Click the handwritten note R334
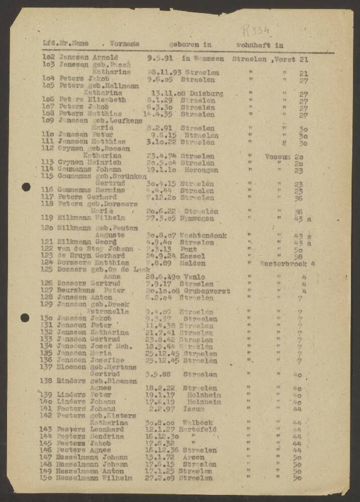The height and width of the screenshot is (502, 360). [x=255, y=30]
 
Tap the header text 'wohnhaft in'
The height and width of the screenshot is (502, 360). [x=260, y=45]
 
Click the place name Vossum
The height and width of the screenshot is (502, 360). [x=278, y=156]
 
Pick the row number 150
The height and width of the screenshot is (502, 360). [x=48, y=478]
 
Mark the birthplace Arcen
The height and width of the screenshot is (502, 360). [x=193, y=457]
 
